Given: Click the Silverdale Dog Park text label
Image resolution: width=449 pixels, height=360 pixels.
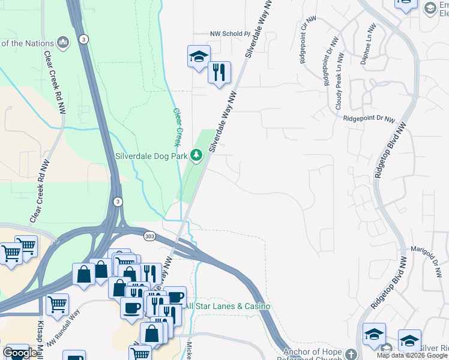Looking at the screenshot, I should coord(151,156).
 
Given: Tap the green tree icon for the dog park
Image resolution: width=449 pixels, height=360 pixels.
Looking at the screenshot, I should coord(196,155).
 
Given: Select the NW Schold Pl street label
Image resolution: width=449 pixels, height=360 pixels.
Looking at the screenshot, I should coord(229,34).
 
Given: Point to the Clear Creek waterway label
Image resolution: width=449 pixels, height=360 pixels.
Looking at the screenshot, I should coord(178,127).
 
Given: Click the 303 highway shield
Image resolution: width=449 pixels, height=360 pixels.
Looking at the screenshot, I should coord(148,237).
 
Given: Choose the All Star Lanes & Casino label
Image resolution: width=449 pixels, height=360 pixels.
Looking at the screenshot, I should coord(228,307).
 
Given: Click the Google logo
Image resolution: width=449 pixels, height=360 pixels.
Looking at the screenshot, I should coord(20,353).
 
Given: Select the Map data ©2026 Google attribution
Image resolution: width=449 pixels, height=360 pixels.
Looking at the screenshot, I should coord(411,355).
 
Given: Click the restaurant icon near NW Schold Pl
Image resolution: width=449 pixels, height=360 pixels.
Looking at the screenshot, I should coord(218,73).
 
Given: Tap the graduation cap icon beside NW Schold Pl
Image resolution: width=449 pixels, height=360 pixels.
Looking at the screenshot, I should coord(199,57).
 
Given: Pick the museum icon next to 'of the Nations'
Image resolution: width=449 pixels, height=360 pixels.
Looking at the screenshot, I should coord(63,43).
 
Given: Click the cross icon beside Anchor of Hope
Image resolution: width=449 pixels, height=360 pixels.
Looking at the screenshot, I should coord(351,353).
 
